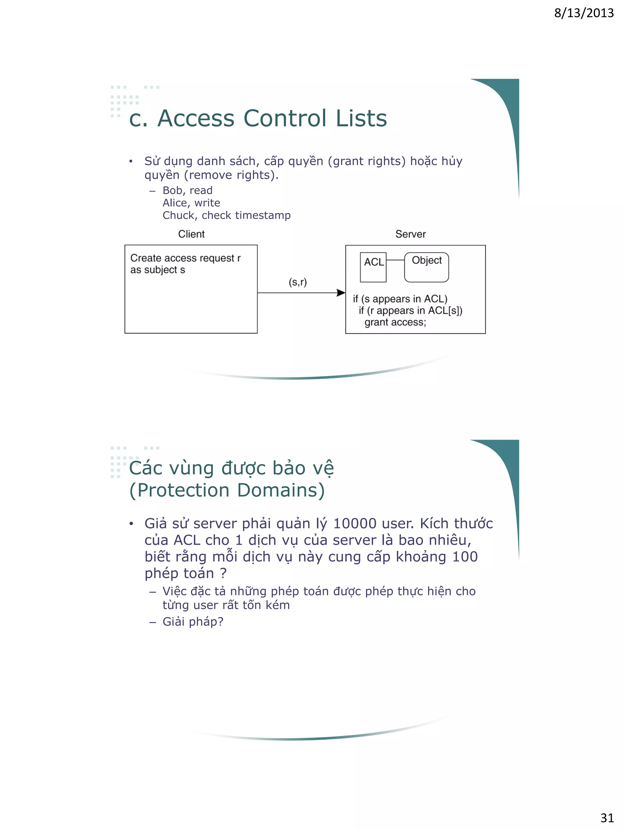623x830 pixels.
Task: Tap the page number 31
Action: pyautogui.click(x=607, y=818)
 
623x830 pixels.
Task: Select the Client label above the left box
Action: pyautogui.click(x=191, y=234)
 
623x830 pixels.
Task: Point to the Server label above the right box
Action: pyautogui.click(x=410, y=234)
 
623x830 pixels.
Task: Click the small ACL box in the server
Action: pyautogui.click(x=373, y=267)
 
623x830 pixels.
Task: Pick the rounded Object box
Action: pyautogui.click(x=426, y=267)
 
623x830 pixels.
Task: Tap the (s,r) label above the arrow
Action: pyautogui.click(x=298, y=282)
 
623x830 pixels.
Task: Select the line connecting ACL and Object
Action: pyautogui.click(x=395, y=260)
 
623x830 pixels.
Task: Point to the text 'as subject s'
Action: pyautogui.click(x=157, y=270)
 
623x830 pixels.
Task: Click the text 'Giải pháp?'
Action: pyautogui.click(x=193, y=622)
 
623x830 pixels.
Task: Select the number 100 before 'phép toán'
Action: pyautogui.click(x=465, y=557)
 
